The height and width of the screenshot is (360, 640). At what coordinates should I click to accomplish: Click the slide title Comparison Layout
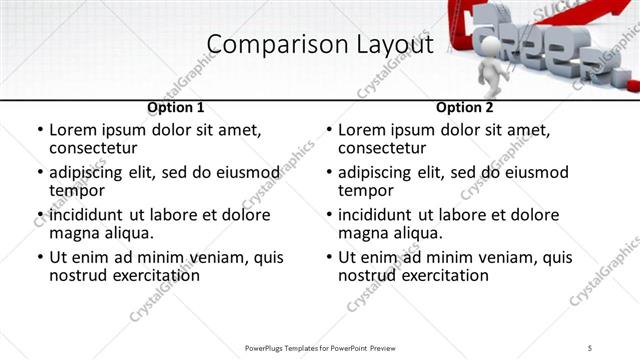click(320, 45)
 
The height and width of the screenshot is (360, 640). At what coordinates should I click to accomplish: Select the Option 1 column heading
click(175, 107)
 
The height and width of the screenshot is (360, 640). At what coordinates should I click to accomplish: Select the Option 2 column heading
click(464, 107)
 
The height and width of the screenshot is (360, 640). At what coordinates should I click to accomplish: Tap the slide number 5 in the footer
click(590, 347)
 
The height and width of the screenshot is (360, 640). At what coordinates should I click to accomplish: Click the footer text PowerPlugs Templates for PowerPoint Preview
click(320, 347)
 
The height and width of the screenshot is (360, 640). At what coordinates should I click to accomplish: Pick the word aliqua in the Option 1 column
click(125, 233)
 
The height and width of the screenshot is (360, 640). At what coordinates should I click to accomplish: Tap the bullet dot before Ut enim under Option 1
click(41, 258)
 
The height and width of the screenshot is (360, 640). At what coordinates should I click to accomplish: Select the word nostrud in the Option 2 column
click(365, 275)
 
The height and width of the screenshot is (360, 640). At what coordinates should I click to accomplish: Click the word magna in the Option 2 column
click(364, 233)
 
